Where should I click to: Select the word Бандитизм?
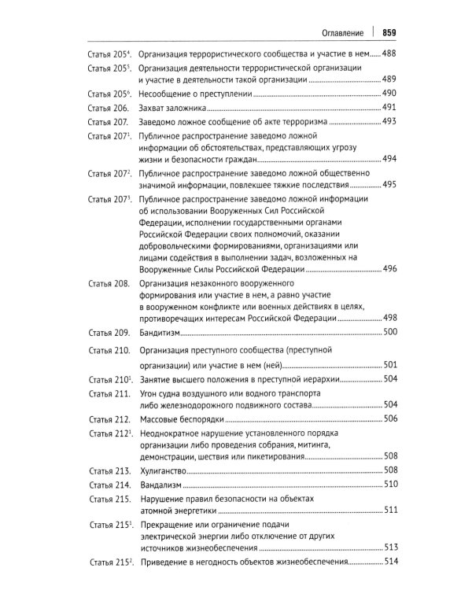pos(162,333)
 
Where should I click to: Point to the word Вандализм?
pos(161,484)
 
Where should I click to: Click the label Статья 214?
pos(109,484)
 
